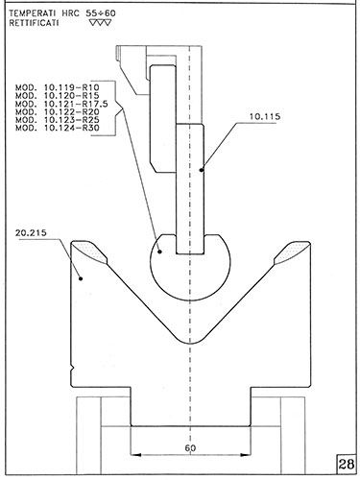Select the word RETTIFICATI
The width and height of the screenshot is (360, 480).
[x=34, y=23]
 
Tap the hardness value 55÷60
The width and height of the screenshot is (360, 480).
[x=101, y=13]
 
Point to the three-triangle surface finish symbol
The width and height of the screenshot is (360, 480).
[x=101, y=23]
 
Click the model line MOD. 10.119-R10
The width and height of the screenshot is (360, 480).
[x=58, y=87]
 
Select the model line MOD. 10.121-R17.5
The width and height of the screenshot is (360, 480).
[x=61, y=104]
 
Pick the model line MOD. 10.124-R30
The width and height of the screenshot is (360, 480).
[x=58, y=128]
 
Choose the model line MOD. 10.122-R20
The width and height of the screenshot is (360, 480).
[x=58, y=112]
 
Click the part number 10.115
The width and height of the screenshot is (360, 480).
[x=265, y=117]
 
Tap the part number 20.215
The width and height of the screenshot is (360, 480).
[x=31, y=233]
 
